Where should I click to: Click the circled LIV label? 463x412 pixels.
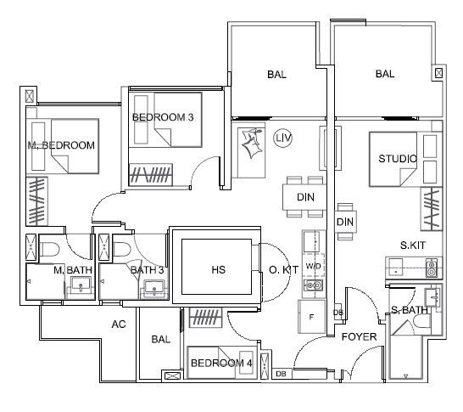(x=283, y=138)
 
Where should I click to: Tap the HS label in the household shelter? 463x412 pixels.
(x=218, y=269)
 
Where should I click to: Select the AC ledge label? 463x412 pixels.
(x=119, y=325)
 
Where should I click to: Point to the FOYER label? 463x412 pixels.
(x=359, y=336)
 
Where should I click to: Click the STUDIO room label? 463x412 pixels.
(x=398, y=159)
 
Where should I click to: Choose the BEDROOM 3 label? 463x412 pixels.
(x=163, y=117)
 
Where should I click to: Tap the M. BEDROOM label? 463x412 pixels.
(x=61, y=145)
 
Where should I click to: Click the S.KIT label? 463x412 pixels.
(x=412, y=245)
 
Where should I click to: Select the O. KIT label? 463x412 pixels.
(x=283, y=269)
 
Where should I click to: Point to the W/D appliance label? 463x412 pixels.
(x=313, y=266)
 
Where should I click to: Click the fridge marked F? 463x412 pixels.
(x=311, y=317)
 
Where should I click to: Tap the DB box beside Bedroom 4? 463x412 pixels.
(x=282, y=374)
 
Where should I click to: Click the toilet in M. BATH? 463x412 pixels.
(x=49, y=250)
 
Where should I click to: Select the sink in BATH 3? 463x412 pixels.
(x=154, y=288)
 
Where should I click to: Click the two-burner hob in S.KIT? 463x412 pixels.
(x=432, y=268)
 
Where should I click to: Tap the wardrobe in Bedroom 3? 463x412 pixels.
(x=151, y=174)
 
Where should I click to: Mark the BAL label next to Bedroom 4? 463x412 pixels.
(x=160, y=339)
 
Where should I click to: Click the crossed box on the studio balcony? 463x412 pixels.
(x=438, y=73)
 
